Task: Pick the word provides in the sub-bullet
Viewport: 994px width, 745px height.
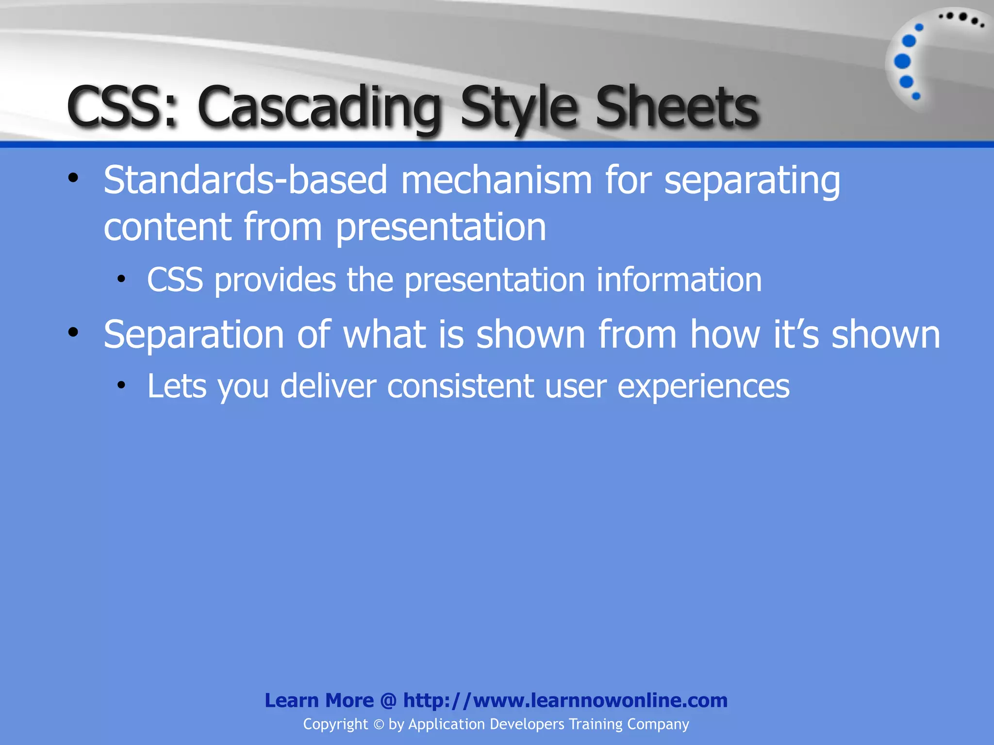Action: pos(275,280)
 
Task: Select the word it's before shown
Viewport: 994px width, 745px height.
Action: pos(796,335)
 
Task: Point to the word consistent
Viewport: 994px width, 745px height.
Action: pos(460,387)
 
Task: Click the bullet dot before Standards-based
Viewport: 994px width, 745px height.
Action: pos(73,178)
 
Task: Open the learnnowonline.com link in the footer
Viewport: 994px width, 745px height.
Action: pos(565,700)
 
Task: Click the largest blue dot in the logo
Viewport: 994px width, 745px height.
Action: pos(902,62)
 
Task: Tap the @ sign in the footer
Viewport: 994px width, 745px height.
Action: pos(388,700)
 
